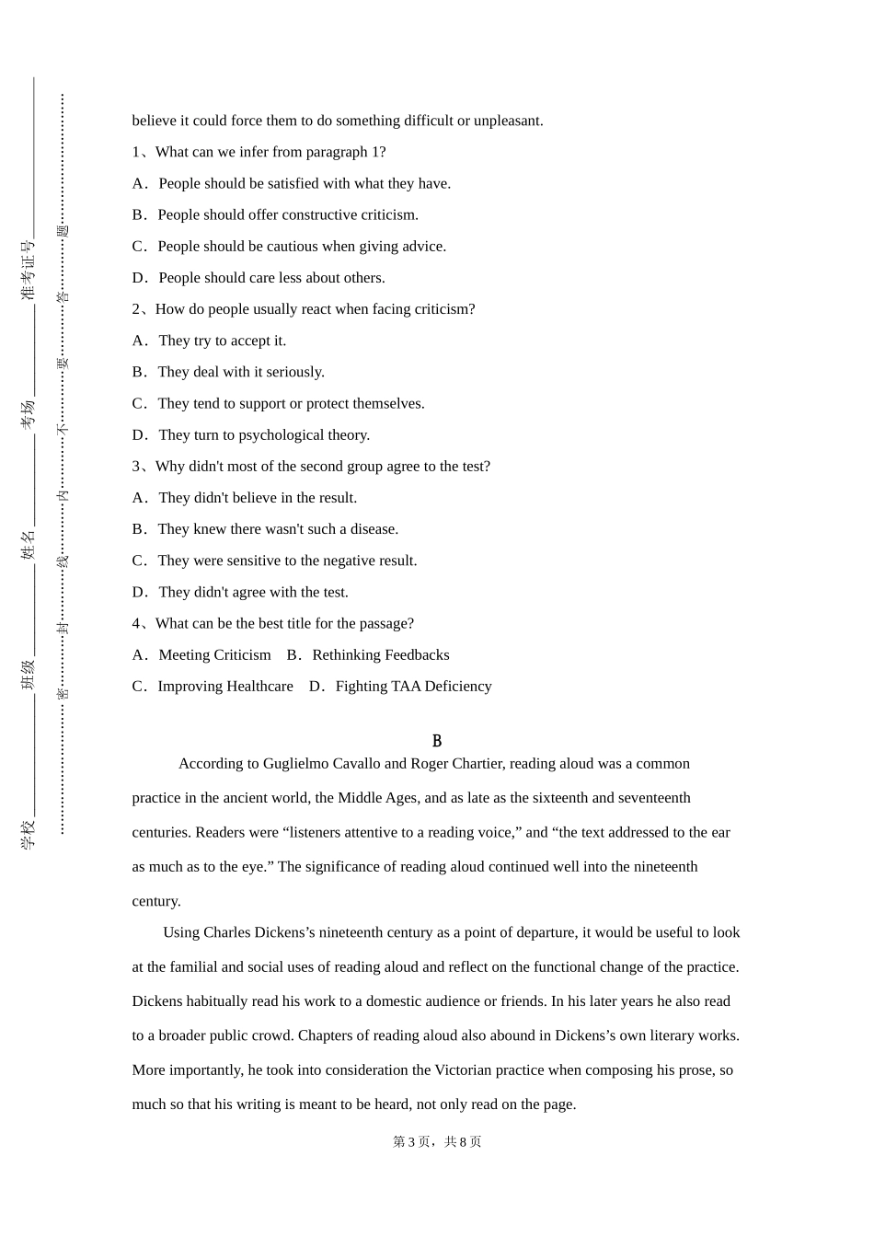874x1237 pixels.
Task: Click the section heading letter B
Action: tap(437, 741)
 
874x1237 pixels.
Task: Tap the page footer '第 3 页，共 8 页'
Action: tap(437, 1141)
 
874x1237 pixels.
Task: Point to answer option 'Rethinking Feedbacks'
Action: tap(380, 655)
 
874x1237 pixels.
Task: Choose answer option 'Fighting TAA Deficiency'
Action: tap(413, 687)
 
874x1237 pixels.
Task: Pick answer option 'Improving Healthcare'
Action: tap(224, 687)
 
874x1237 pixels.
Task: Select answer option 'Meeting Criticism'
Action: tap(214, 655)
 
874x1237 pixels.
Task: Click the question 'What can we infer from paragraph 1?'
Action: tap(270, 153)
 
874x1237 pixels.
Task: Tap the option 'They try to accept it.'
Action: tap(222, 341)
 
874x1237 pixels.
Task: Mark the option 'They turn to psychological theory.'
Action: tap(263, 435)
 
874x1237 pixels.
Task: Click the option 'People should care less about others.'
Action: tap(271, 278)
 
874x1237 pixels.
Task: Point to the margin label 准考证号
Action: tap(29, 270)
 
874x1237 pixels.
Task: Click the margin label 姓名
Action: tap(29, 544)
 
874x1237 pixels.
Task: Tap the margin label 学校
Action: tap(29, 834)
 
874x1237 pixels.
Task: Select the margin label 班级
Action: tap(29, 675)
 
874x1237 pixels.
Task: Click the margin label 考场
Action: tap(29, 414)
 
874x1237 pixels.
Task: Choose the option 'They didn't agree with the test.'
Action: tap(253, 593)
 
